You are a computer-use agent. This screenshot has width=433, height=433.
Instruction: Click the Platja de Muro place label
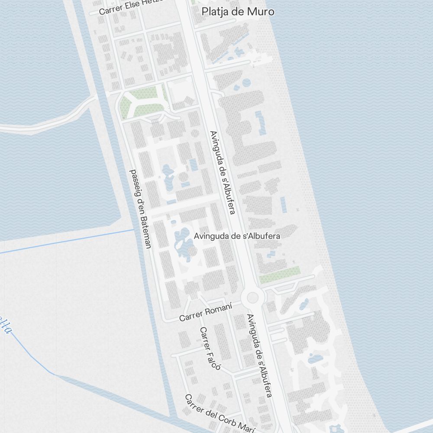coord(238,12)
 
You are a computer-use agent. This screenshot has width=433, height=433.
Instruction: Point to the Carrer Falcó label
coord(210,349)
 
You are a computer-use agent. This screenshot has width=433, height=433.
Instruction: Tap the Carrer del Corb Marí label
coord(219,414)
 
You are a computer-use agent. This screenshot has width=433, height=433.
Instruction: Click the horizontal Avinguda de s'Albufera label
coord(237,236)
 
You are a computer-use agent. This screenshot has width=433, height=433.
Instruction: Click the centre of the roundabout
coord(253,297)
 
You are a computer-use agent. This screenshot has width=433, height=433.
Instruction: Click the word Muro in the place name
coord(261,12)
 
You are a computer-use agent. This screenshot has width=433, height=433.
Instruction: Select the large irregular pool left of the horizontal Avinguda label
coord(184,244)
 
